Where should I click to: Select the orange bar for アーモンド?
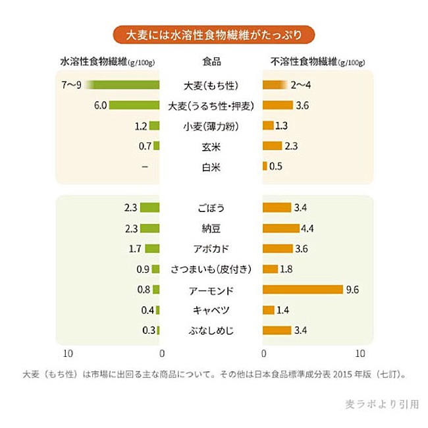[x=303, y=289]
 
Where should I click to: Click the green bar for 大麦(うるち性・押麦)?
[x=135, y=105]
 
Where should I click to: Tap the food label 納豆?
[x=211, y=228]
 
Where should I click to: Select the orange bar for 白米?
[x=265, y=167]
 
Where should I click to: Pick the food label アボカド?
[x=211, y=249]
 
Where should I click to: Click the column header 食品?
[x=211, y=63]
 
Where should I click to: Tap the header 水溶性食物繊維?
[x=95, y=63]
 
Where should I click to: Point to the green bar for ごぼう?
[x=150, y=208]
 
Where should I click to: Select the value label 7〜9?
[x=70, y=85]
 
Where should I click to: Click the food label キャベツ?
[x=211, y=309]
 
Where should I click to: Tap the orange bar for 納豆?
[x=281, y=228]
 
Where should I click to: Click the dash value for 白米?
[x=144, y=167]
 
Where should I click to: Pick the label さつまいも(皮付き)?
[x=211, y=269]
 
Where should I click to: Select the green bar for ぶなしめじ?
[x=158, y=330]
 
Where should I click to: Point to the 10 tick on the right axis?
[x=360, y=353]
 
